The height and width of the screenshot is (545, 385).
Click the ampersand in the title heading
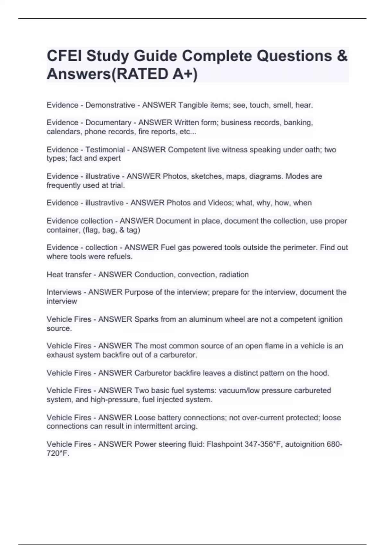coord(342,56)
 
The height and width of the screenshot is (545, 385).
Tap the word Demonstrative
coord(110,105)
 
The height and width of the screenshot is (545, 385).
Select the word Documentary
coord(108,122)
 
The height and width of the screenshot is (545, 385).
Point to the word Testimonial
coord(105,149)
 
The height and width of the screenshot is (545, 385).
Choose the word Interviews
coord(64,292)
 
